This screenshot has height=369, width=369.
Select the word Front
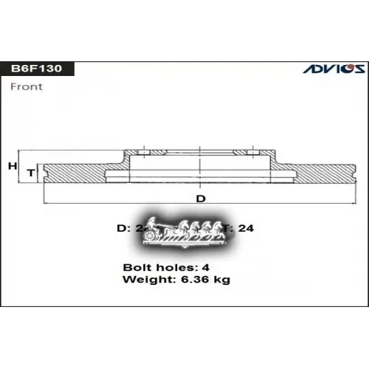pyautogui.click(x=27, y=86)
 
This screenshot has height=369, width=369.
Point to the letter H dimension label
pyautogui.click(x=12, y=166)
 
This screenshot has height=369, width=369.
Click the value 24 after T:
pyautogui.click(x=246, y=229)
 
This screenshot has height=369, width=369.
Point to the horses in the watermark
pyautogui.click(x=196, y=230)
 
